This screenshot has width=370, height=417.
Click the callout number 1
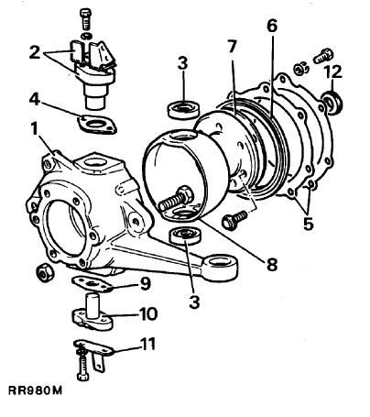35,129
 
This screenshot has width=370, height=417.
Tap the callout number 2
35,52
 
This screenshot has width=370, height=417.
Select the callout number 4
35,99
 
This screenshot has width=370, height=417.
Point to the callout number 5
309,224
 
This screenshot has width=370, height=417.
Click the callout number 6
272,26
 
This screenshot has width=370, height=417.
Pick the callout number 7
232,47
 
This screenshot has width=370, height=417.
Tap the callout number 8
271,264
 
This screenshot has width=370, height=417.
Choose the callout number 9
145,284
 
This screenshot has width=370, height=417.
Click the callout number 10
148,313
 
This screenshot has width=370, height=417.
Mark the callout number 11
147,344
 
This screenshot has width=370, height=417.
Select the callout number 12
332,72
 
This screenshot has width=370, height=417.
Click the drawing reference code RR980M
35,390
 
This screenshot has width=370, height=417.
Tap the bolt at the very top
84,18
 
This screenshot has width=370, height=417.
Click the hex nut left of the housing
45,272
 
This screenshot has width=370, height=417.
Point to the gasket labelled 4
97,125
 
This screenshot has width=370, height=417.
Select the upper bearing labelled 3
184,110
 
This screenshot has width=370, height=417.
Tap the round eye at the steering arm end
221,269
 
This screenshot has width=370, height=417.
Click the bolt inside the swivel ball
177,198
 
